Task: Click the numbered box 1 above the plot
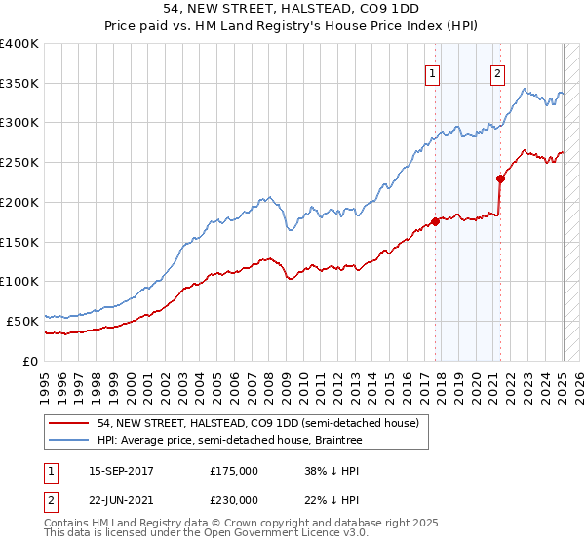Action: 431,71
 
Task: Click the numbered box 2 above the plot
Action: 497,71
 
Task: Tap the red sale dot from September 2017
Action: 435,221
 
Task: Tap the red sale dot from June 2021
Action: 500,178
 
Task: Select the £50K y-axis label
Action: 23,321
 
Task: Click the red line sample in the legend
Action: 68,423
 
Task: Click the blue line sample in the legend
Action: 68,439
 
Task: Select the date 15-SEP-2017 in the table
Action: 121,471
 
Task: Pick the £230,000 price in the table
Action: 234,499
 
